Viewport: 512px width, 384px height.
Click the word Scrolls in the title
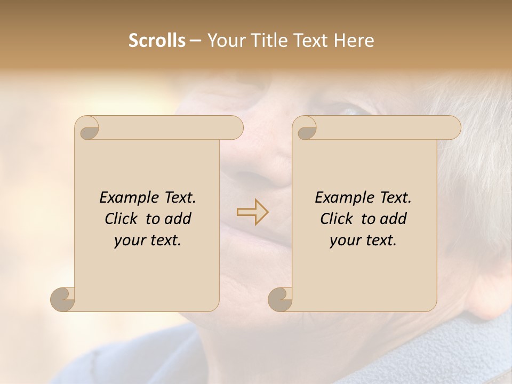[157, 41]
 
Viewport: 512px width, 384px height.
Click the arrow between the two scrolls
[253, 212]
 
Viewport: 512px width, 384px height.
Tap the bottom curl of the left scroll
[62, 299]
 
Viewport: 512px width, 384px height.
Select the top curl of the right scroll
[305, 129]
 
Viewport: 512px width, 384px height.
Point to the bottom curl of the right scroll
[280, 299]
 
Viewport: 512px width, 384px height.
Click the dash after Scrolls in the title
[195, 41]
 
